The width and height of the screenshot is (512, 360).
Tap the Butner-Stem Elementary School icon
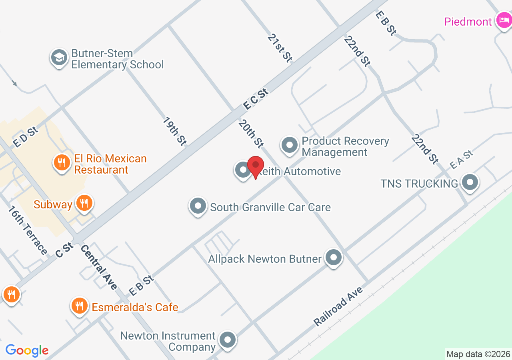point(59,58)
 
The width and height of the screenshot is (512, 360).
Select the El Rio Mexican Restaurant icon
point(62,163)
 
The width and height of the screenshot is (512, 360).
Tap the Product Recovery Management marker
point(289,146)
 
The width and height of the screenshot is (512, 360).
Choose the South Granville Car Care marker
point(198,206)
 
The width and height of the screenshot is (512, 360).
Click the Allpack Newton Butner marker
point(333,258)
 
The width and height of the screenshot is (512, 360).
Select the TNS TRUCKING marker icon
point(470,182)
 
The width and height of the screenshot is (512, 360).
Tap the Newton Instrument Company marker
point(228,340)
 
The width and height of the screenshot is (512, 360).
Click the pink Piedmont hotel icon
point(502,20)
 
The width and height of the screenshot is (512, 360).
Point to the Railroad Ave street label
point(338,306)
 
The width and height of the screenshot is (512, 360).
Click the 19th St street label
point(175,131)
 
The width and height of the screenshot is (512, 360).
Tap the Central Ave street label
point(99,267)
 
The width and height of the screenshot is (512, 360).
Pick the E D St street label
point(25,137)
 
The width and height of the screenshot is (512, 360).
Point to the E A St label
point(461,159)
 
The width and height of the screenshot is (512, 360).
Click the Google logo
point(27,350)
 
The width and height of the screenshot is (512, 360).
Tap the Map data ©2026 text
point(478,354)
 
